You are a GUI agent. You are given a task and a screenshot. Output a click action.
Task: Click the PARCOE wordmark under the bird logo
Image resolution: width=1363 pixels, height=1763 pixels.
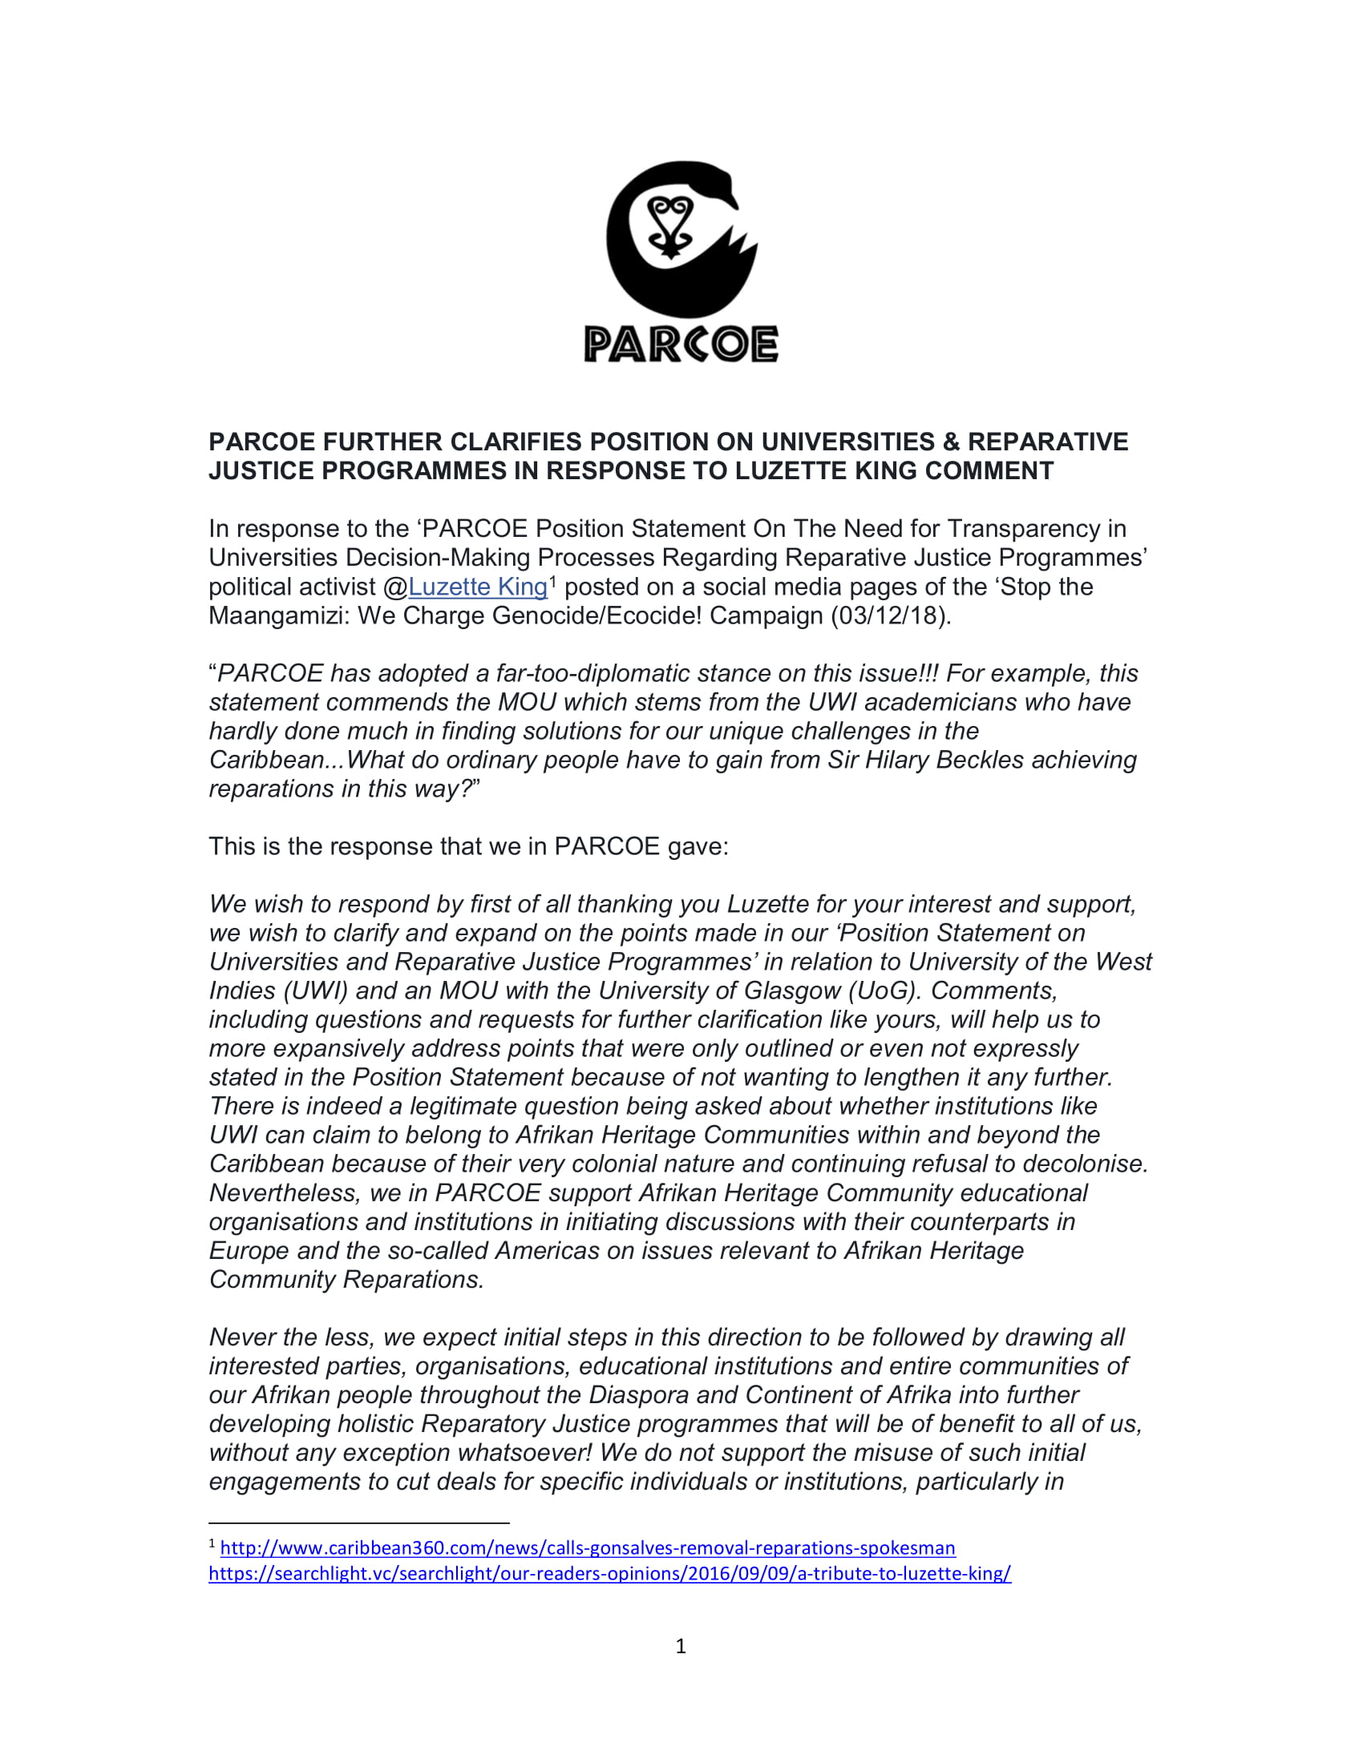coord(681,345)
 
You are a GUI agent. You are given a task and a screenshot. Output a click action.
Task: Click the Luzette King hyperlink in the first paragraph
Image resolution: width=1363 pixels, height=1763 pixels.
coord(477,587)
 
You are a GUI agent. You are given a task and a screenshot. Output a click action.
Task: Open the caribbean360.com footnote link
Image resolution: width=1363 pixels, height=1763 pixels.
coord(587,1548)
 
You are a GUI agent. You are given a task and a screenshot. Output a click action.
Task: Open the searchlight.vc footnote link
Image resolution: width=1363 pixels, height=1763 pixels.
coord(609,1573)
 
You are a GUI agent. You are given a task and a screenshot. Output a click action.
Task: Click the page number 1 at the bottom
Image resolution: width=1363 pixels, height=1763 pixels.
coord(681,1646)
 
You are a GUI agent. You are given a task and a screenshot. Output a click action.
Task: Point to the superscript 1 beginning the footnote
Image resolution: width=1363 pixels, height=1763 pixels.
coord(212,1544)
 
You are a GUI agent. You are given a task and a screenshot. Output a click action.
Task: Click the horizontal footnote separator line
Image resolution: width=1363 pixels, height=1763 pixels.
coord(358,1523)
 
